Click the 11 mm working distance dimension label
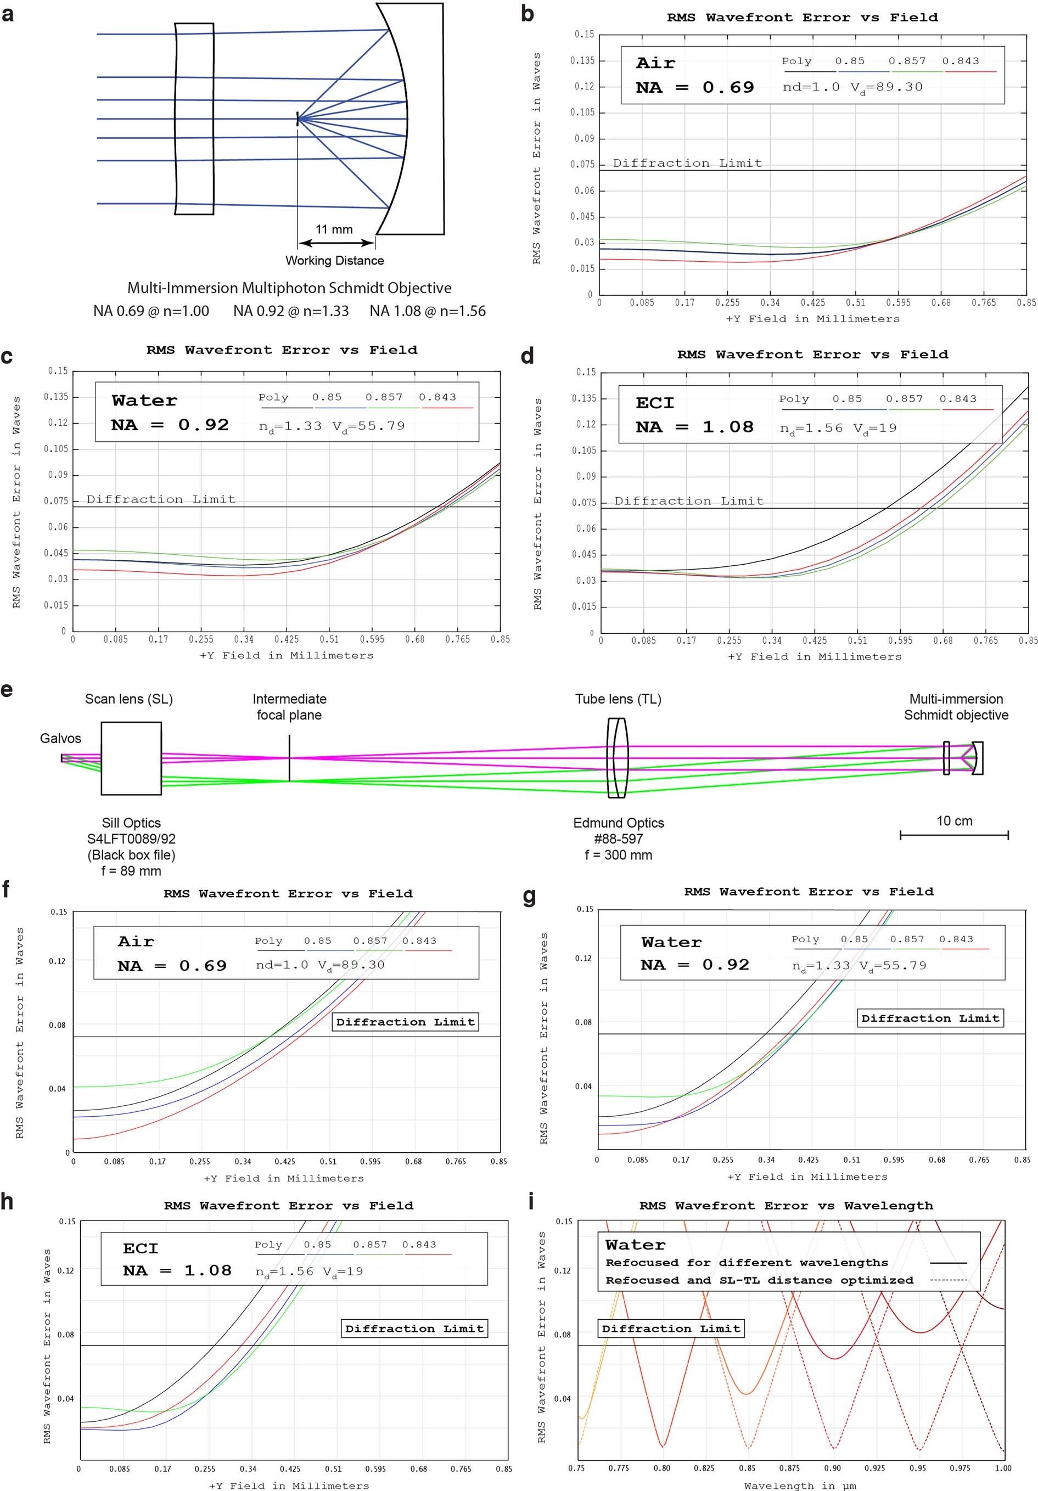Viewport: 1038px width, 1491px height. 334,229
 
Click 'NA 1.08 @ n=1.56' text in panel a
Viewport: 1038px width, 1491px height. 428,311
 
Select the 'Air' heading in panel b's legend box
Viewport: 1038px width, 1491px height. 655,63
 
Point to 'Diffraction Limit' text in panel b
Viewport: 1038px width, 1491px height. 687,163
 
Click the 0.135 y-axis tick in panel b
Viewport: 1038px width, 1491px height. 582,60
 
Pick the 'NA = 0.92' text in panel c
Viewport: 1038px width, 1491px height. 170,425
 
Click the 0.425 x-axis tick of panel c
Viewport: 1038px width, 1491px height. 287,639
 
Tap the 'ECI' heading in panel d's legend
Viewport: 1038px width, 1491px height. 655,403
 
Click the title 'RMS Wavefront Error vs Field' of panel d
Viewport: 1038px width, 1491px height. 812,355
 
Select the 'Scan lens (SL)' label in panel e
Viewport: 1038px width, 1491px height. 128,699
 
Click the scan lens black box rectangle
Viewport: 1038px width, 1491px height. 131,758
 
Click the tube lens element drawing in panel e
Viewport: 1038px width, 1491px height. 617,758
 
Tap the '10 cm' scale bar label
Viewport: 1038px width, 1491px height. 953,821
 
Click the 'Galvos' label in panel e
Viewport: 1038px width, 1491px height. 60,738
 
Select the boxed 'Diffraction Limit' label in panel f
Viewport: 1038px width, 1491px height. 405,1021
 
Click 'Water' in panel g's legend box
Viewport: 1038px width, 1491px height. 671,942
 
